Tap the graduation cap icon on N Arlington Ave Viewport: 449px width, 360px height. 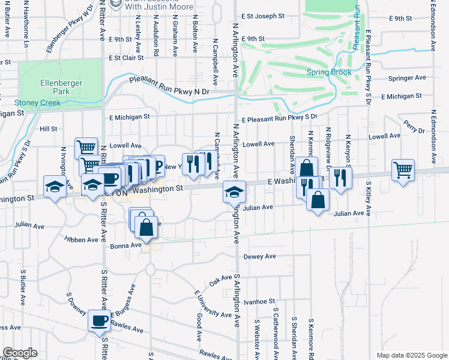click(x=234, y=191)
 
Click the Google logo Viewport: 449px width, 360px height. click(x=20, y=352)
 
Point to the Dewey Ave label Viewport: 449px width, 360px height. click(x=260, y=256)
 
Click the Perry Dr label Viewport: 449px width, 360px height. click(x=411, y=125)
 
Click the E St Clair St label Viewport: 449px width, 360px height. click(x=125, y=58)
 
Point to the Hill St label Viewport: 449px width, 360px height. click(x=48, y=128)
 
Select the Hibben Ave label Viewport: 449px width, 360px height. click(x=81, y=239)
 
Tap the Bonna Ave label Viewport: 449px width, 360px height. click(x=125, y=245)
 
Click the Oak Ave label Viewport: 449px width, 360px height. click(x=220, y=280)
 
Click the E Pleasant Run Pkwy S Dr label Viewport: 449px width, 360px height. click(x=279, y=119)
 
